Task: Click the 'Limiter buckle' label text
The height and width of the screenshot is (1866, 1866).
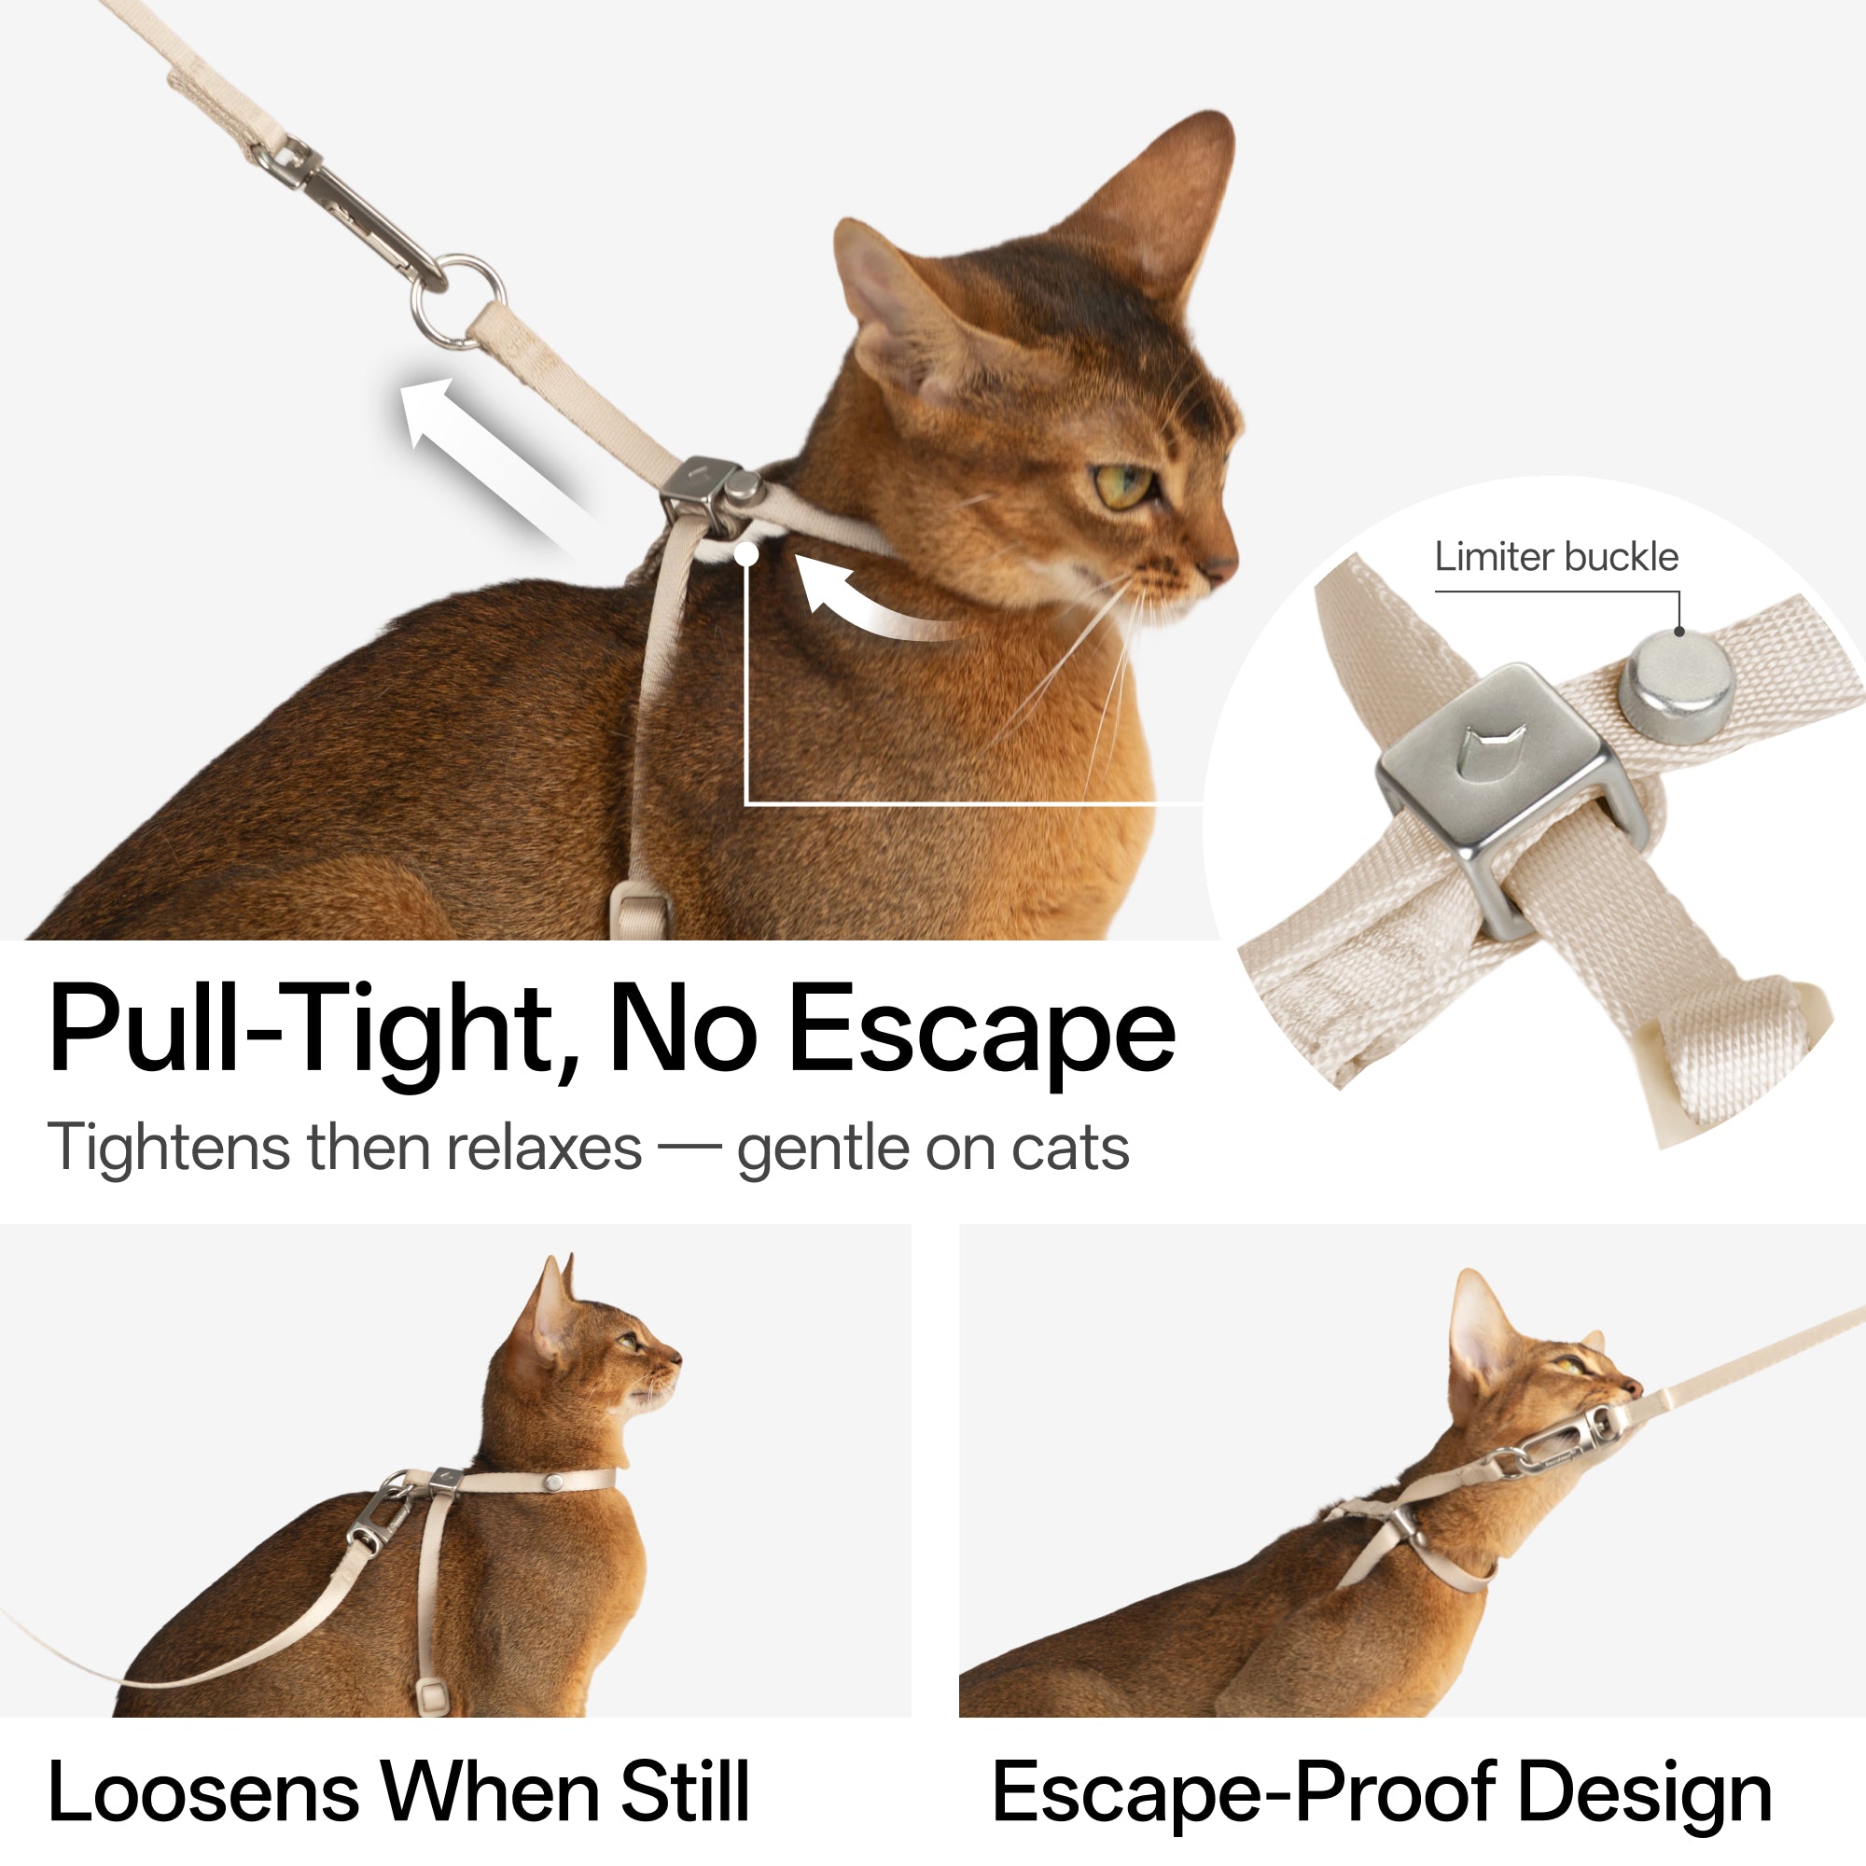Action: [x=1556, y=557]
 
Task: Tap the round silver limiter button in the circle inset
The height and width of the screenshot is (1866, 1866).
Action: [x=1678, y=681]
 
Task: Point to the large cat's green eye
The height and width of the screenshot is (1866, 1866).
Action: [x=1124, y=484]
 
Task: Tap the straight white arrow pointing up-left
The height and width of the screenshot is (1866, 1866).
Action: [x=483, y=454]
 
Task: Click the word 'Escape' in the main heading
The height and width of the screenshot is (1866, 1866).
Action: [x=982, y=1030]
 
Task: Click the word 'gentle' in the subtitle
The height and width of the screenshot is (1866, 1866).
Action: [x=820, y=1149]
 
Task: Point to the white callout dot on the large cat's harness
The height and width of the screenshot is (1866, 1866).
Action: [x=746, y=554]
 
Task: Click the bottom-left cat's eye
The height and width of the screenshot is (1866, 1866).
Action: [x=629, y=1343]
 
